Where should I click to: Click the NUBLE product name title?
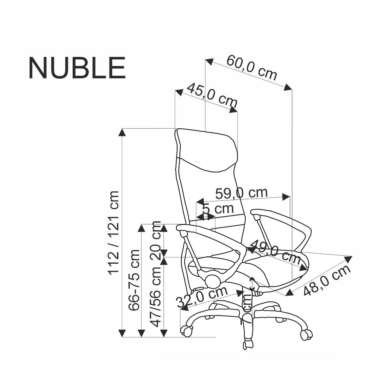(x=77, y=68)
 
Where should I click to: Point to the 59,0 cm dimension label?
(x=241, y=193)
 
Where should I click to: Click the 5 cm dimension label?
(x=218, y=208)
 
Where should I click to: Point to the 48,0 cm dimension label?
(x=327, y=280)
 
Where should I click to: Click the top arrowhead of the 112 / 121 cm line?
(x=122, y=132)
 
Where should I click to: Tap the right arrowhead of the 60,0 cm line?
(x=288, y=87)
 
